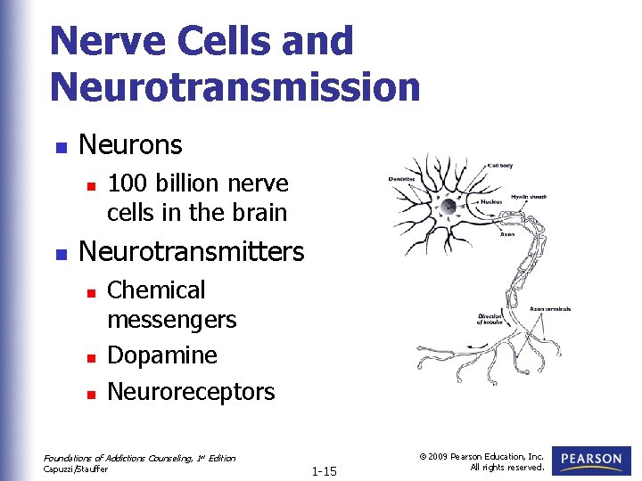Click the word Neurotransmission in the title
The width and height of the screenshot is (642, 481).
point(235,86)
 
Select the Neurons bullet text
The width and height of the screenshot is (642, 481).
point(130,144)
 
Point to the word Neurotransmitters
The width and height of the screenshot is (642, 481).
point(192,252)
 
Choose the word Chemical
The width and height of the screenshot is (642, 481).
point(156,290)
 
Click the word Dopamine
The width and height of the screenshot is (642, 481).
point(162,355)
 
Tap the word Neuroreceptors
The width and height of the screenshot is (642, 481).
point(191,392)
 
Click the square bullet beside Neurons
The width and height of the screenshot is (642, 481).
point(60,146)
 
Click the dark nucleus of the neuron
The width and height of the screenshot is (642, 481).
point(449,206)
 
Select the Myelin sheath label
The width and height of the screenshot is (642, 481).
point(530,196)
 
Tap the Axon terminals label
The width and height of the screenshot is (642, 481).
point(550,309)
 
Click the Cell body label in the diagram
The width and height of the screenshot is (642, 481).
point(499,166)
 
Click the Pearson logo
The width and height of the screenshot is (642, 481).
point(592,461)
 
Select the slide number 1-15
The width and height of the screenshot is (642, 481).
point(324,470)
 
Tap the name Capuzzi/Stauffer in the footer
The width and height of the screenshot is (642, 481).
point(76,468)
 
